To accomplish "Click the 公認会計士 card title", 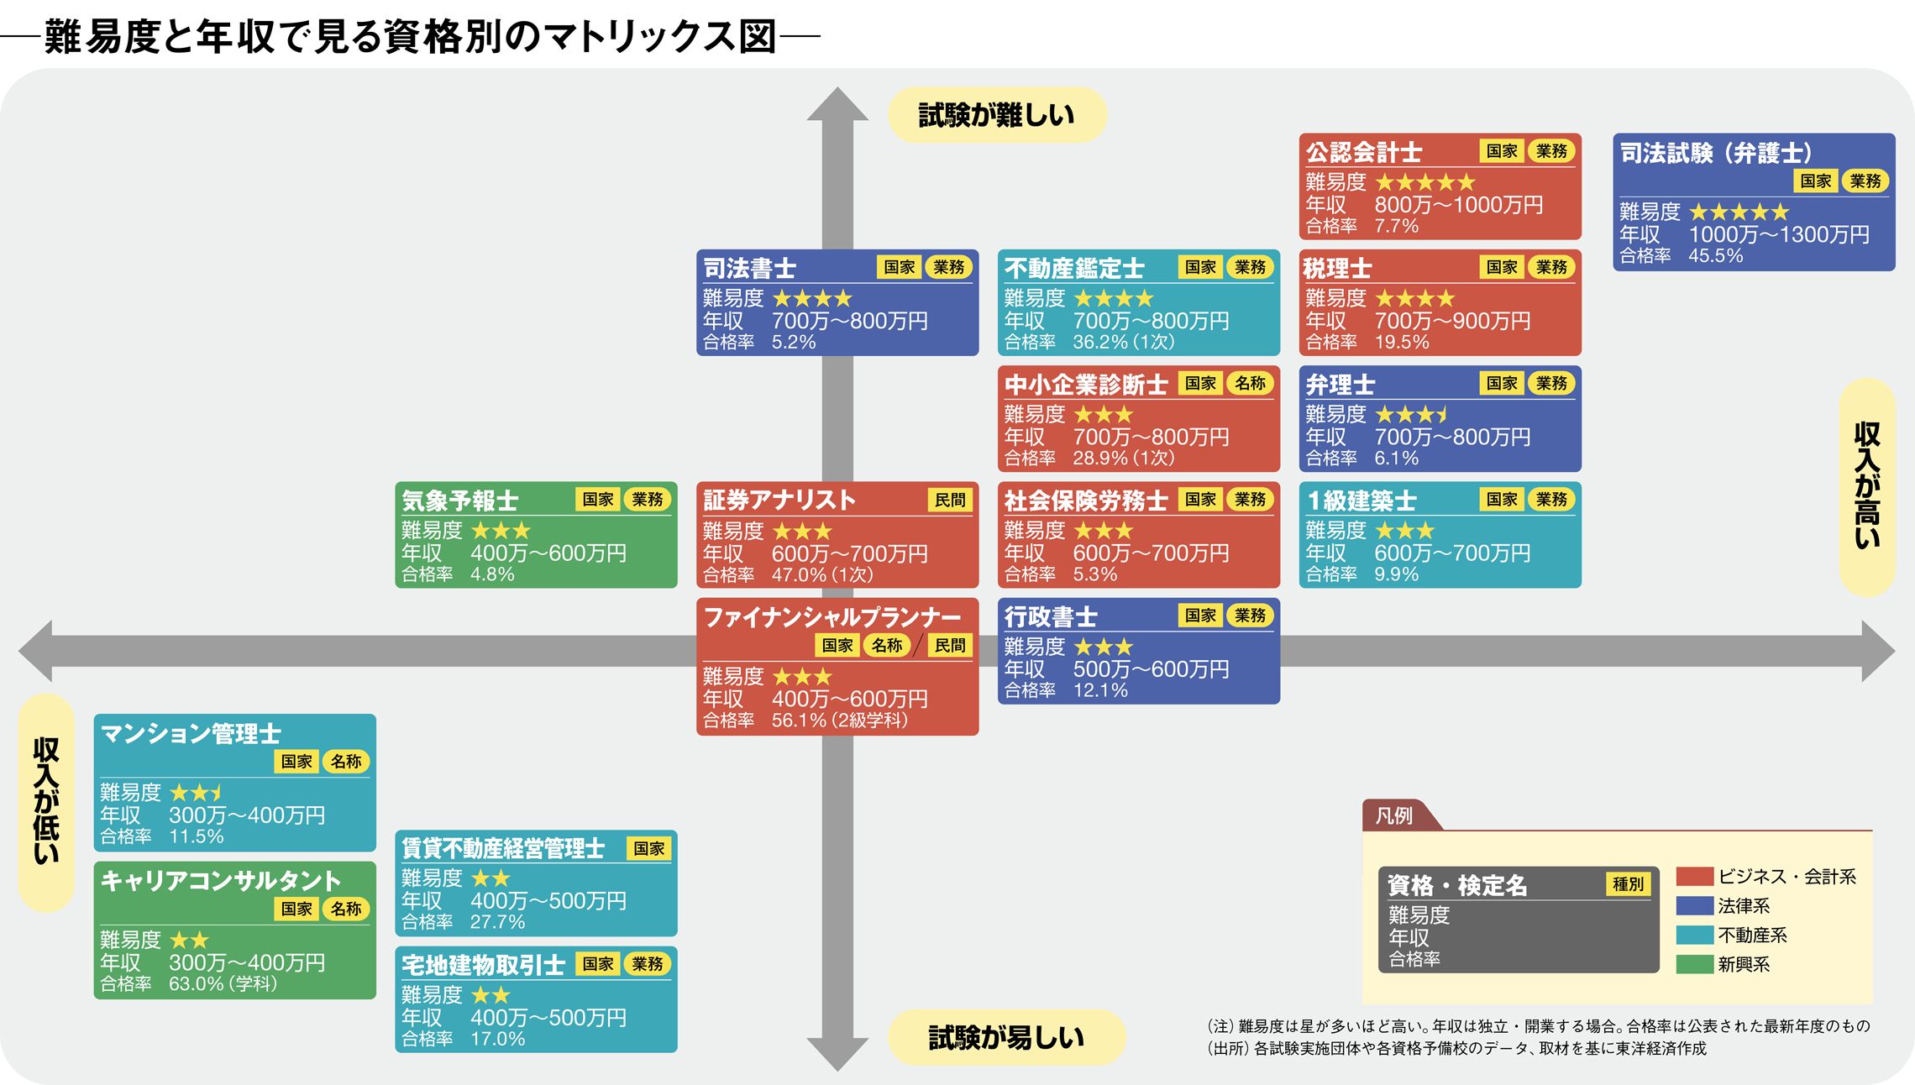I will point(1363,152).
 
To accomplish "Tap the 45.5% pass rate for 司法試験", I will point(1715,256).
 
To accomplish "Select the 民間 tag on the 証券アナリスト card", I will point(950,500).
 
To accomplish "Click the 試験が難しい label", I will point(996,115).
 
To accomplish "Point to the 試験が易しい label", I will point(1005,1038).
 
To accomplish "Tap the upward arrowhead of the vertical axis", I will point(837,104).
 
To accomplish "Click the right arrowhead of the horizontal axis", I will point(1878,651).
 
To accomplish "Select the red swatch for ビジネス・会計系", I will point(1694,877).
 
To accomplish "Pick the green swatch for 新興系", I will point(1694,964).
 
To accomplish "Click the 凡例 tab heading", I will point(1394,815).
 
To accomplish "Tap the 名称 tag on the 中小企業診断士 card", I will point(1250,384).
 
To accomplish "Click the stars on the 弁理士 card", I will point(1411,414).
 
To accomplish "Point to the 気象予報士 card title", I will point(459,501).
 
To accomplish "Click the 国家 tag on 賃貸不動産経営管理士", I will point(648,848).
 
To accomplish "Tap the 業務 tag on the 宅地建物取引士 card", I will point(647,964).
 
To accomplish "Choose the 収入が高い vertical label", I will point(1866,487).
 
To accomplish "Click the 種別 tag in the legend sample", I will point(1628,883).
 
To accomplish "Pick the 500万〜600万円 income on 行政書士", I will point(1151,669).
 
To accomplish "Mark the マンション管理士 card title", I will point(190,734).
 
